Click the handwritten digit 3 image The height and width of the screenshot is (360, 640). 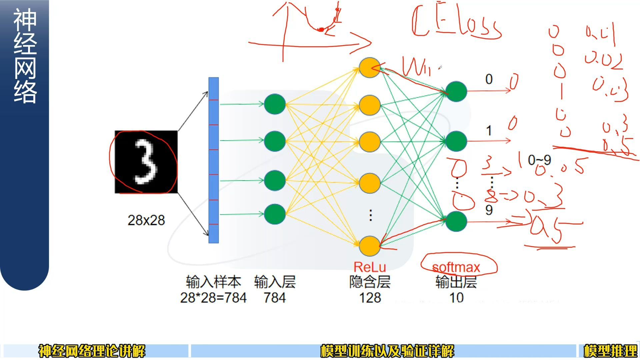[x=146, y=162]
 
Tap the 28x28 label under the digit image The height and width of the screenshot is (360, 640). [x=146, y=220]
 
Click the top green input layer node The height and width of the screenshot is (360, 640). [x=275, y=104]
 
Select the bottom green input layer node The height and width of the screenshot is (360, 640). [x=275, y=214]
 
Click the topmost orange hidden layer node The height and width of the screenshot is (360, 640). [x=369, y=68]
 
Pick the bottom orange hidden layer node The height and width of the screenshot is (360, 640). [x=369, y=246]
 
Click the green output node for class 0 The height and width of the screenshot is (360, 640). [x=456, y=91]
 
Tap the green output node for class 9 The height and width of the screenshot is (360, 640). [x=456, y=221]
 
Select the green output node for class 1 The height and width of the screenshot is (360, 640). [x=456, y=141]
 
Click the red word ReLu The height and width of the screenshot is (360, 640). [x=369, y=267]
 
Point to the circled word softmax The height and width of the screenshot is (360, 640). [x=456, y=267]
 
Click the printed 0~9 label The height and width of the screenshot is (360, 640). [x=539, y=160]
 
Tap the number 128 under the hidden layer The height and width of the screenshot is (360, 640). [x=370, y=298]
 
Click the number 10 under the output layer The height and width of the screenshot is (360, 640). [x=456, y=298]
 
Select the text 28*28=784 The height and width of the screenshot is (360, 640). [x=213, y=298]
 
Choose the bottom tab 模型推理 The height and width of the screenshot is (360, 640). [x=610, y=351]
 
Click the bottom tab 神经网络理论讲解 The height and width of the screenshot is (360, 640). [x=92, y=351]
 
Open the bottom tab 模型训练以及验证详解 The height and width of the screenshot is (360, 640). [x=387, y=351]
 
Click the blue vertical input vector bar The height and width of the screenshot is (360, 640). [x=213, y=160]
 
